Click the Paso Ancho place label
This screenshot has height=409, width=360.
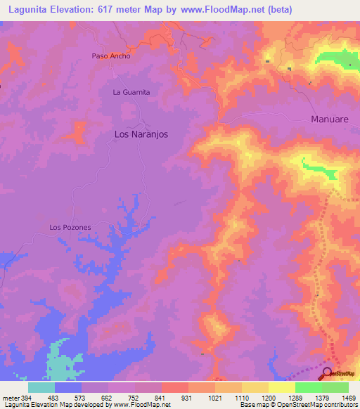coord(111,56)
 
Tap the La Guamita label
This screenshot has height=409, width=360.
coord(131,92)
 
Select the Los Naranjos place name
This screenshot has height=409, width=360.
coord(141,134)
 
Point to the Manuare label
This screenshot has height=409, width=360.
coord(330,119)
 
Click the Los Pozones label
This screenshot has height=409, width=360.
coord(70,227)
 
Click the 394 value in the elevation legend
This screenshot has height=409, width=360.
coord(26,397)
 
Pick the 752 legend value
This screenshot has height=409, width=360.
coord(134,397)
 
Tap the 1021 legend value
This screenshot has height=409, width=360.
coord(214,397)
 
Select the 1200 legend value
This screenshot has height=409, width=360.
coord(268,397)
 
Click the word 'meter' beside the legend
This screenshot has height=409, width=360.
coord(10,397)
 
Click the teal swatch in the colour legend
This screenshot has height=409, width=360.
coord(41,387)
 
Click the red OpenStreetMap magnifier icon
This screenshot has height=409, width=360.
coord(327,373)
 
